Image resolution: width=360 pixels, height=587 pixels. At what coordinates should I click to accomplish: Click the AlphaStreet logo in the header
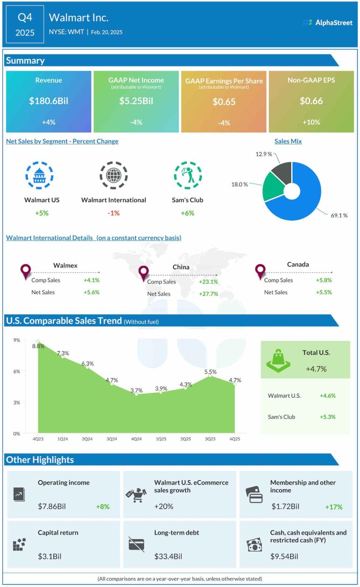pyautogui.click(x=328, y=22)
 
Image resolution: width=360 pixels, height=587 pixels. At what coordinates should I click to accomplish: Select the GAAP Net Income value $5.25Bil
pyautogui.click(x=136, y=101)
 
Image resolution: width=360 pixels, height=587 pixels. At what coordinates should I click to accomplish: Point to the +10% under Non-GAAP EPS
pyautogui.click(x=311, y=122)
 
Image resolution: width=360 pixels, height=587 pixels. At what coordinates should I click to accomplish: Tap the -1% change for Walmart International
pyautogui.click(x=113, y=213)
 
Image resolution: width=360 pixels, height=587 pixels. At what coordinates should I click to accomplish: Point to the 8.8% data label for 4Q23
pyautogui.click(x=38, y=346)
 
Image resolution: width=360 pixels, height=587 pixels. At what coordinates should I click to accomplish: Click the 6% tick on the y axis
pyautogui.click(x=16, y=371)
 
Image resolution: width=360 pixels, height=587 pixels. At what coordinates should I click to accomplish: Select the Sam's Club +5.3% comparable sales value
pyautogui.click(x=327, y=417)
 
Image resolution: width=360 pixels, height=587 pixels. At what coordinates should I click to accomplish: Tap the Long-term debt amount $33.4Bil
pyautogui.click(x=168, y=557)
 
